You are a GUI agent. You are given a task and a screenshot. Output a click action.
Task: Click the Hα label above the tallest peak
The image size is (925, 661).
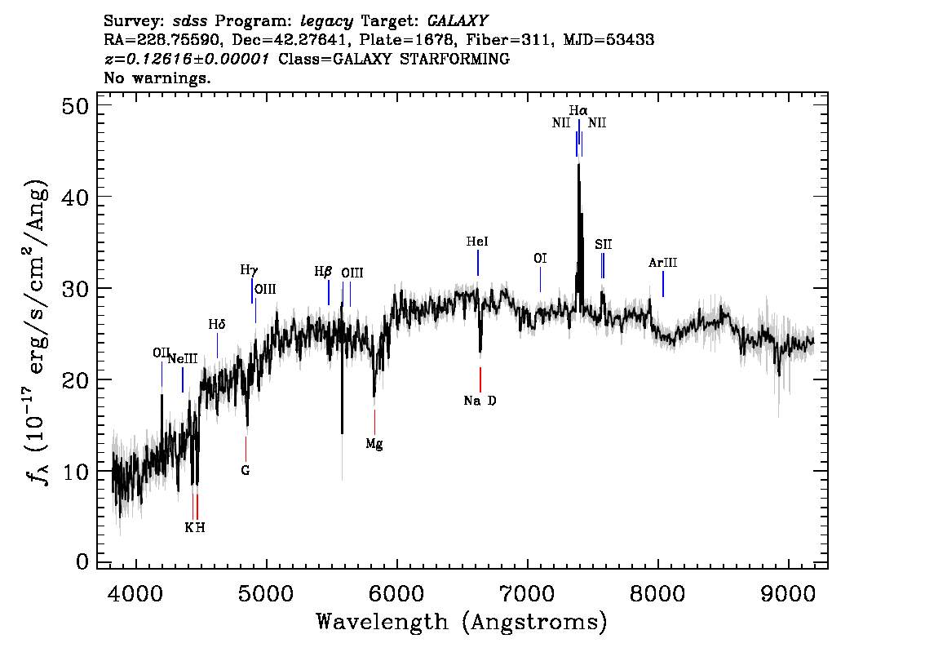click(x=578, y=110)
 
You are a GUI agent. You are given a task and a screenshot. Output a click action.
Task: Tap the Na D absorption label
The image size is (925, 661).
click(x=480, y=401)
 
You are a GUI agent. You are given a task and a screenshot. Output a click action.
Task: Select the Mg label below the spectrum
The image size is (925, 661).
click(x=374, y=445)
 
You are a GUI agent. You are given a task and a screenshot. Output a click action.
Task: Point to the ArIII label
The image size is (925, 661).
click(x=662, y=263)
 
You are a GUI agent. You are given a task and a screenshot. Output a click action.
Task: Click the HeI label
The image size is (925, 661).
click(x=477, y=242)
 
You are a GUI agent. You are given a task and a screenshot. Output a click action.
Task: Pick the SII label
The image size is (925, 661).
click(x=603, y=244)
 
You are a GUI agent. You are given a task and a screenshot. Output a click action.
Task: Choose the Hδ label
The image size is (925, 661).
click(x=216, y=325)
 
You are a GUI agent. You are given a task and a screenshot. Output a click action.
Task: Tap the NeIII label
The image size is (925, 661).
click(x=182, y=358)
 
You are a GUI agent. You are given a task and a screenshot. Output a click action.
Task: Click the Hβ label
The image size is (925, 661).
click(x=324, y=272)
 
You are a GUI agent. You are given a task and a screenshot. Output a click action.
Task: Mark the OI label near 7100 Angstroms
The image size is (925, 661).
click(x=540, y=259)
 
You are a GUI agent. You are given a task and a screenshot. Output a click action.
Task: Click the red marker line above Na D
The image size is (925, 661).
click(x=480, y=379)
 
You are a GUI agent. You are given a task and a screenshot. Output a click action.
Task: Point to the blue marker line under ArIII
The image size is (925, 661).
click(x=663, y=284)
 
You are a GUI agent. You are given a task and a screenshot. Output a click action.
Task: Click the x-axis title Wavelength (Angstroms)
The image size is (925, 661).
click(x=461, y=623)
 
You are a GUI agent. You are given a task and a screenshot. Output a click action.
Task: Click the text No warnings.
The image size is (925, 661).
click(x=157, y=78)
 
